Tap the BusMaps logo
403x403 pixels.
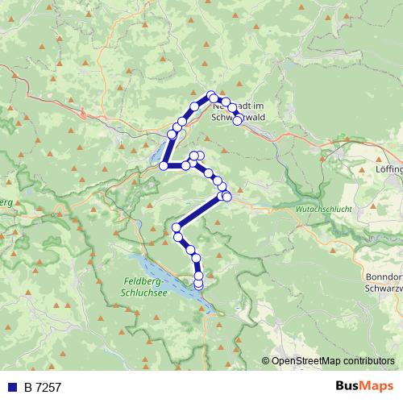pyautogui.click(x=363, y=387)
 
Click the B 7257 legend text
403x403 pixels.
pyautogui.click(x=43, y=388)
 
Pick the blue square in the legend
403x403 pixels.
pyautogui.click(x=12, y=388)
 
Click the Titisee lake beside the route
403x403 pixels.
pyautogui.click(x=156, y=152)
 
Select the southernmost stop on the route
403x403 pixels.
pyautogui.click(x=198, y=285)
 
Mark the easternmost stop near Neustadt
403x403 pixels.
pyautogui.click(x=238, y=120)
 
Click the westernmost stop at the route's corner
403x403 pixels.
pyautogui.click(x=164, y=165)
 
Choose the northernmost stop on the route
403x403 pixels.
pyautogui.click(x=211, y=95)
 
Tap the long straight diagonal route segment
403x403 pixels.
pyautogui.click(x=200, y=211)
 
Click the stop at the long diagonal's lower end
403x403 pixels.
pyautogui.click(x=177, y=227)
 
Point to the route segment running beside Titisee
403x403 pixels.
pyautogui.click(x=168, y=150)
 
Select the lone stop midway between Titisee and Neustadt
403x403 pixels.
pyautogui.click(x=194, y=107)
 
